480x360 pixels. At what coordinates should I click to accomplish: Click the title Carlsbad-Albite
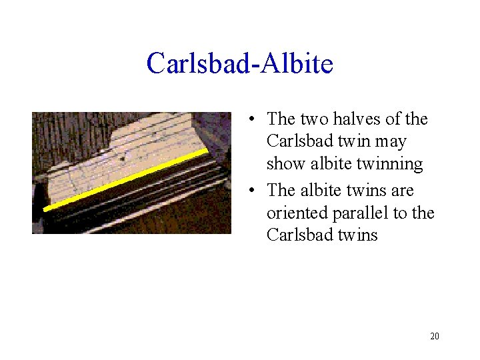[239, 64]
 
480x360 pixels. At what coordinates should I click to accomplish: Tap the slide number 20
[434, 336]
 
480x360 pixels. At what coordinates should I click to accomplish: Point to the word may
[391, 142]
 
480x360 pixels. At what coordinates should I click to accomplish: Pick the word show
[284, 164]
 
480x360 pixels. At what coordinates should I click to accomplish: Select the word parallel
[349, 213]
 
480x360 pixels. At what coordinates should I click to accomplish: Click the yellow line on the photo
[127, 180]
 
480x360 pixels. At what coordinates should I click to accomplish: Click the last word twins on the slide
[355, 235]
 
